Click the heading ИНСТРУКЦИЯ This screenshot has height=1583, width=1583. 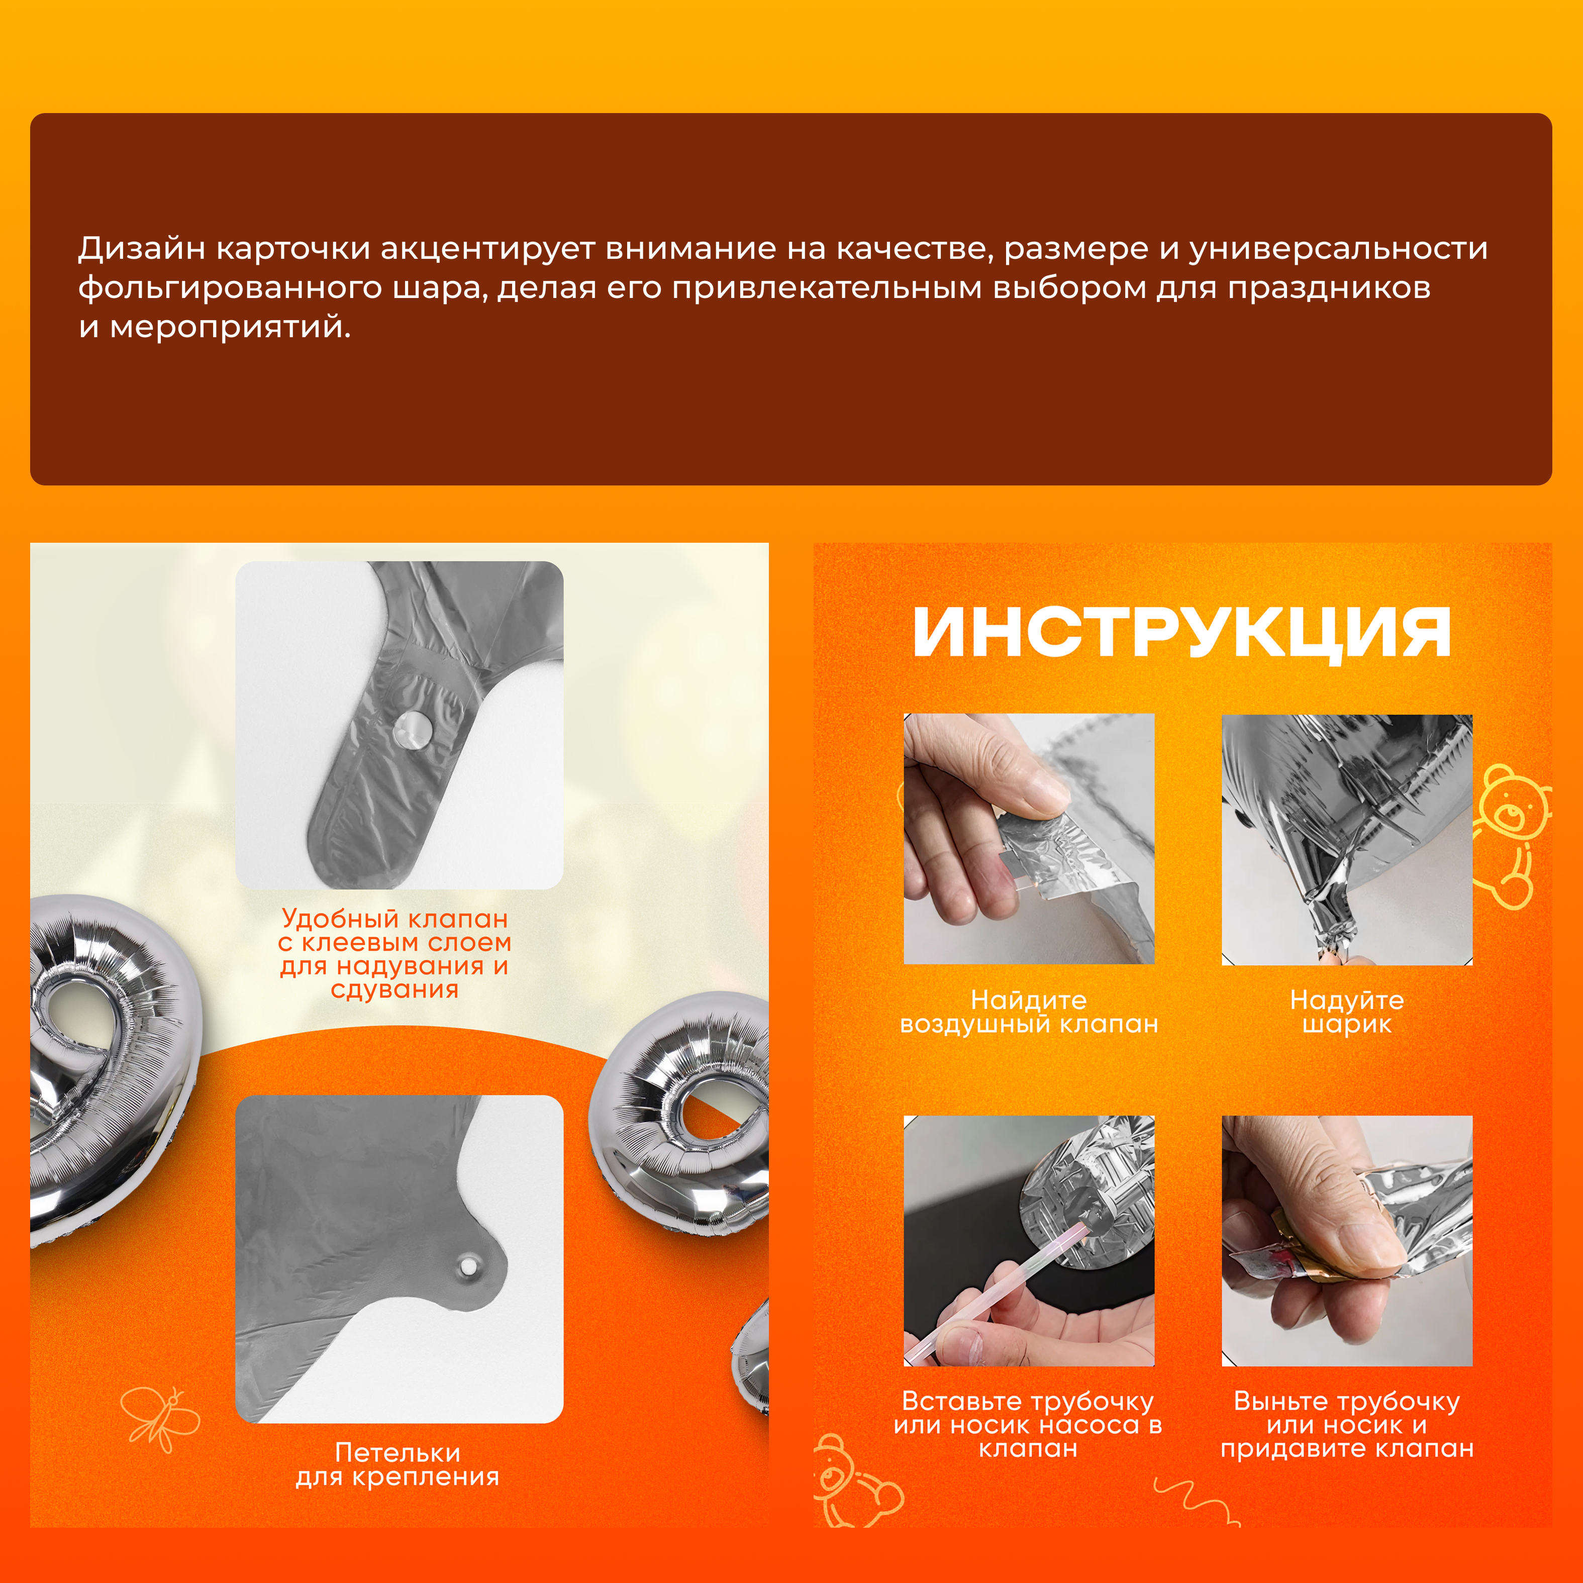point(1182,633)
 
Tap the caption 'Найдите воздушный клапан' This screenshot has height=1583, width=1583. point(1029,1012)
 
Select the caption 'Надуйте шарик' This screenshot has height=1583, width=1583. point(1347,1012)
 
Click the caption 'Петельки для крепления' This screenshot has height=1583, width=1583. point(398,1464)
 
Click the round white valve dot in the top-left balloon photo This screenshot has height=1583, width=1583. point(411,728)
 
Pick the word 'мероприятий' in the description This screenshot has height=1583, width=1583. point(230,328)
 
